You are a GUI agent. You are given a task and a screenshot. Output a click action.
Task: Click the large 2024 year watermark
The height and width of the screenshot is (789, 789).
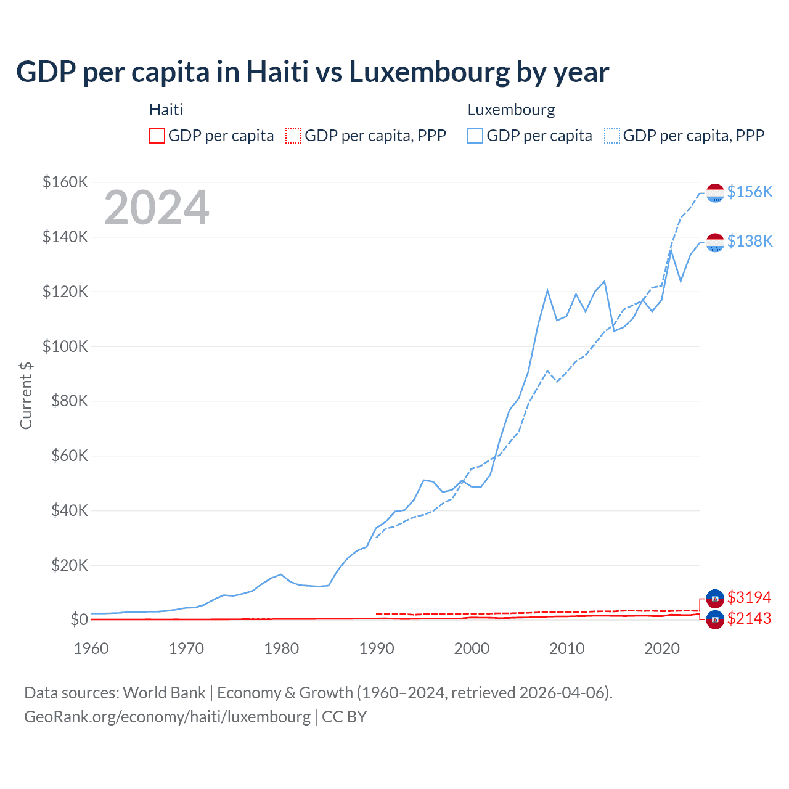[157, 208]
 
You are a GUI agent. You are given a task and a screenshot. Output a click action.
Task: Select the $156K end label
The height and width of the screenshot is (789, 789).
[750, 192]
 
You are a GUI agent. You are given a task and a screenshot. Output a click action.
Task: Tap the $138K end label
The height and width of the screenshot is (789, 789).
[750, 241]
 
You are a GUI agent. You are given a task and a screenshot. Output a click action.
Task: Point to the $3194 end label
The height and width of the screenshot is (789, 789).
[749, 597]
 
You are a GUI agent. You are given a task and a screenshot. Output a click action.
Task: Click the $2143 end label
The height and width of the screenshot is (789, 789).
[749, 618]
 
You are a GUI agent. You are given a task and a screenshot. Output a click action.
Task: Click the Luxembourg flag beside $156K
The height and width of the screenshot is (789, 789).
[715, 193]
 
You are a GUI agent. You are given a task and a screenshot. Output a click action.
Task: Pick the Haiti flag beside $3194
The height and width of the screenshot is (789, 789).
[715, 598]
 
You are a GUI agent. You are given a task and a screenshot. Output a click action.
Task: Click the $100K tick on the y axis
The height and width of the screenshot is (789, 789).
[65, 346]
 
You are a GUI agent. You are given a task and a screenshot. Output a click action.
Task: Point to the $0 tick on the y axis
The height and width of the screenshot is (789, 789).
[79, 619]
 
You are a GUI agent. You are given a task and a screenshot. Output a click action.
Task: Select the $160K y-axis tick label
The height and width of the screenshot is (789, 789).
[65, 182]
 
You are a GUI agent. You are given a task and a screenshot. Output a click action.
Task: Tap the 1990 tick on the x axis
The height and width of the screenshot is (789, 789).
[377, 648]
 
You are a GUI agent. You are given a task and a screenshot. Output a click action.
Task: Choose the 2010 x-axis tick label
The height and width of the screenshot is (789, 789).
[567, 648]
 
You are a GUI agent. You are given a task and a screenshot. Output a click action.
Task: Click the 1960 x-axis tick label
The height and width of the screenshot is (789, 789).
[91, 648]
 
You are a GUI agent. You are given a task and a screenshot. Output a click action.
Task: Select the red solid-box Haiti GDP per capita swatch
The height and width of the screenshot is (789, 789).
[157, 136]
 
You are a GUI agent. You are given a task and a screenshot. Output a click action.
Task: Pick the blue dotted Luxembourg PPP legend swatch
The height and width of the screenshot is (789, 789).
[612, 136]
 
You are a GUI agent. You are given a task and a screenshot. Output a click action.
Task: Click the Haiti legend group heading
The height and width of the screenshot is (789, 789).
[166, 110]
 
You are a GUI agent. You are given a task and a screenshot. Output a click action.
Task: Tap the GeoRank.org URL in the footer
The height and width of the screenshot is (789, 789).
[167, 717]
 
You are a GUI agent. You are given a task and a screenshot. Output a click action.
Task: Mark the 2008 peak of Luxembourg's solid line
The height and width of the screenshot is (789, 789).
[547, 290]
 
